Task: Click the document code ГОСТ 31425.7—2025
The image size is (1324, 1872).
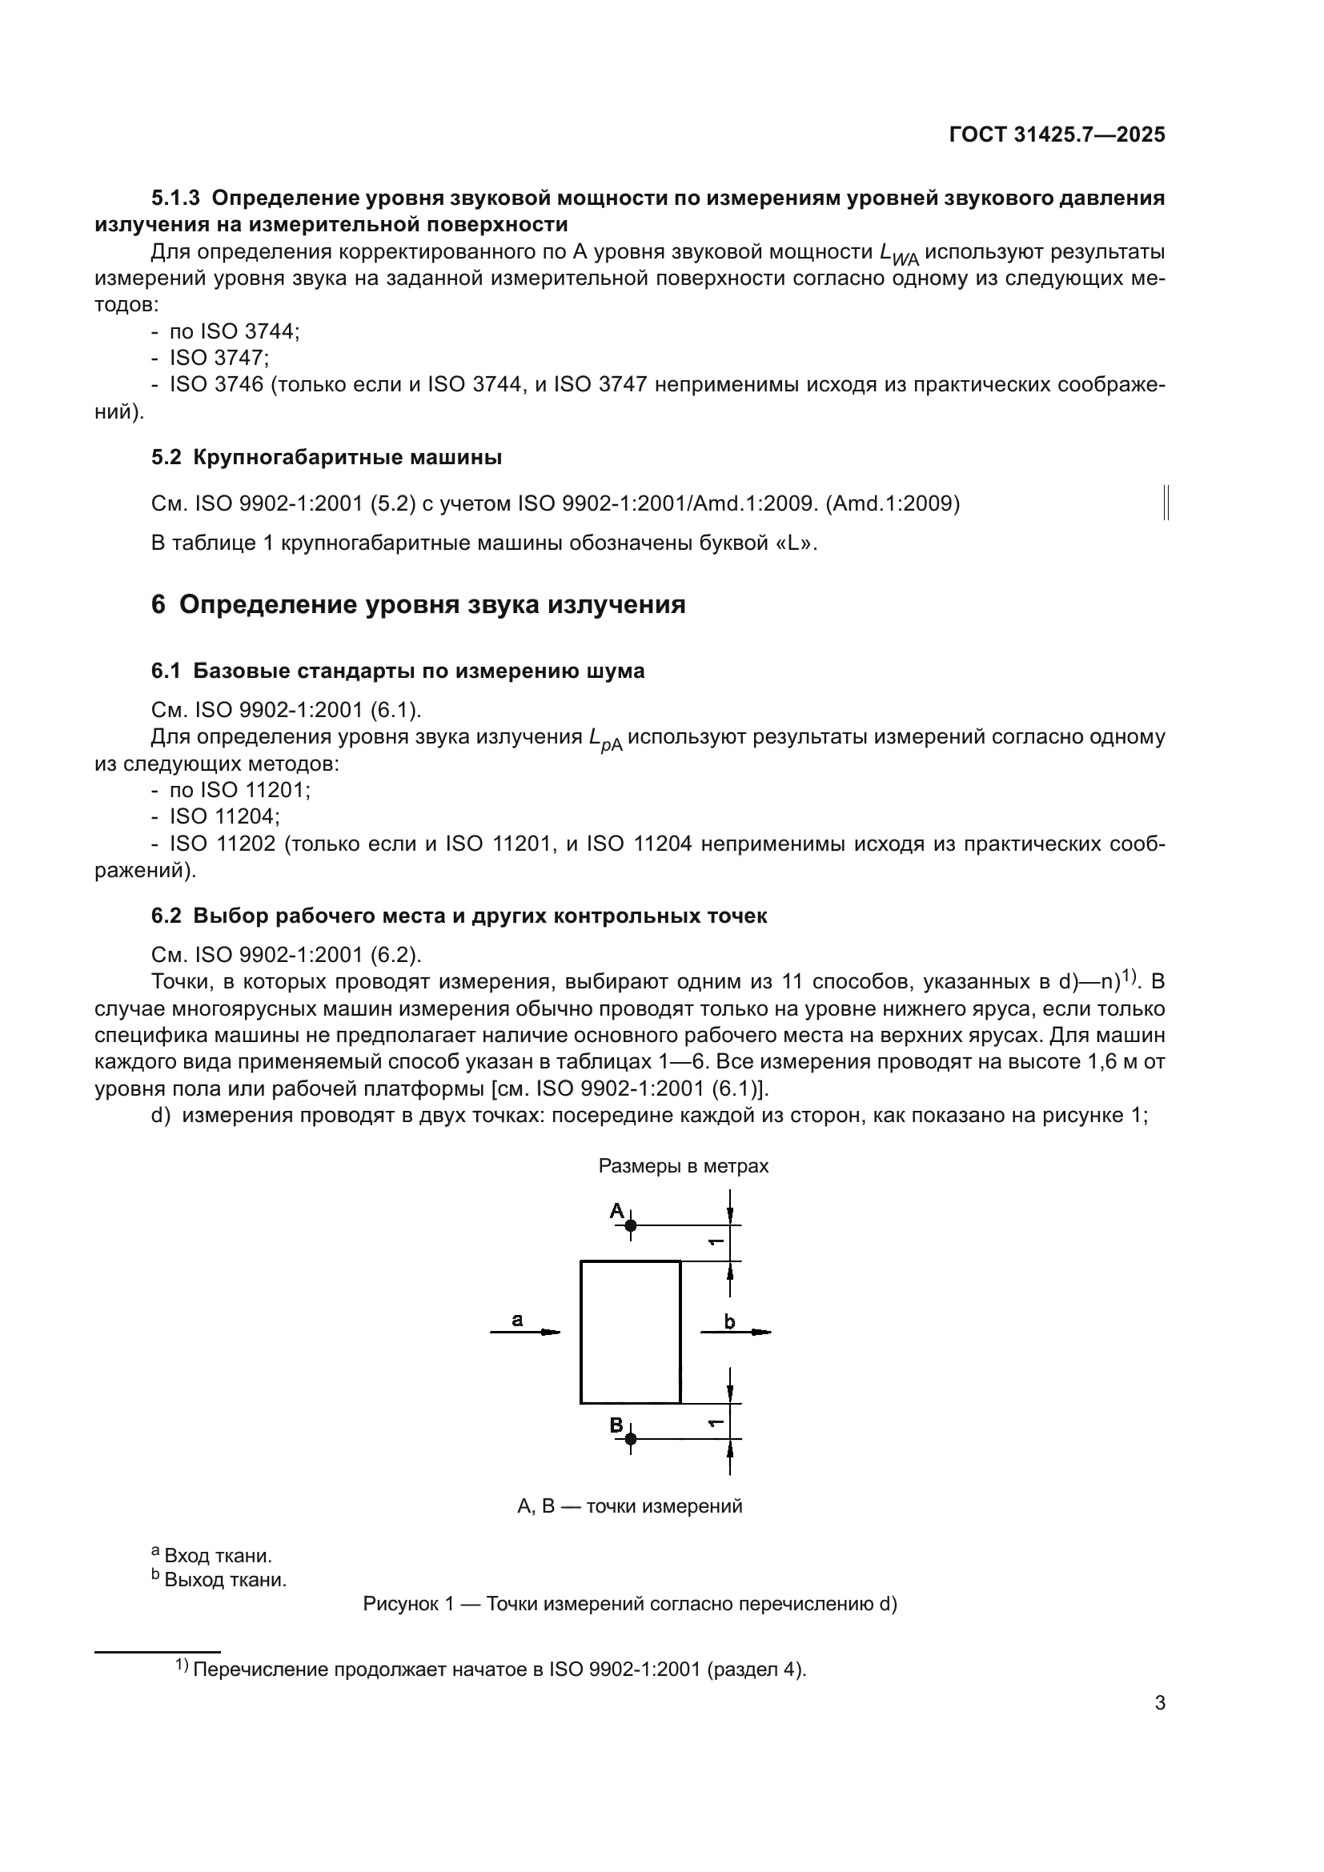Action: click(x=1057, y=134)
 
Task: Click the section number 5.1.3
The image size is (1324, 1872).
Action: click(x=175, y=198)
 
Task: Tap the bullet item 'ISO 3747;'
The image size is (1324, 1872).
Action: click(x=219, y=358)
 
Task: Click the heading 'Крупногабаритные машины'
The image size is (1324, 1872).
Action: click(x=347, y=458)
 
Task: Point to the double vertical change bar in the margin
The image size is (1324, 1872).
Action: click(x=1166, y=503)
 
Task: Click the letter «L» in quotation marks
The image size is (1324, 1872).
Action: click(x=799, y=543)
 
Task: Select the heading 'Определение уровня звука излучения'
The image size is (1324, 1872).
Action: click(x=432, y=605)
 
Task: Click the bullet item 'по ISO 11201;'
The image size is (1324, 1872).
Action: click(x=239, y=790)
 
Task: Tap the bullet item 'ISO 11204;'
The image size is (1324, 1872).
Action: click(x=224, y=816)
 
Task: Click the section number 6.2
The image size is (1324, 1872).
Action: click(x=167, y=916)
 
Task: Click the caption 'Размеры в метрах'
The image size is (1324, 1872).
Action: click(x=683, y=1166)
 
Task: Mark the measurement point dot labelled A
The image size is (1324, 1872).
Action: click(x=630, y=1225)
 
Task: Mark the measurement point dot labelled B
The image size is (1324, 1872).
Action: click(x=630, y=1440)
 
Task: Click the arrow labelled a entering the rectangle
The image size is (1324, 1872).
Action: click(x=526, y=1333)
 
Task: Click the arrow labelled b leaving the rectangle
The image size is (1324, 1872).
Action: click(x=736, y=1333)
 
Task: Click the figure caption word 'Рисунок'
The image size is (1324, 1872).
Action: click(x=396, y=1605)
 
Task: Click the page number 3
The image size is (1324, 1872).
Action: click(x=1160, y=1703)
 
